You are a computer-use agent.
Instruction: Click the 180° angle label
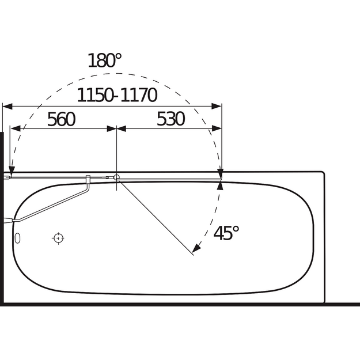click(105, 60)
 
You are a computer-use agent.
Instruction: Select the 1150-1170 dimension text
click(117, 95)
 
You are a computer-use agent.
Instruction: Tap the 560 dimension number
click(61, 119)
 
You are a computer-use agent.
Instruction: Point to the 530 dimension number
click(171, 119)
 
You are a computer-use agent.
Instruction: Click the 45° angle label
click(226, 233)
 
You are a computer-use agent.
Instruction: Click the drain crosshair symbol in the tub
click(58, 238)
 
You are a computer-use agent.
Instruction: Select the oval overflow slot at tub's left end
click(17, 238)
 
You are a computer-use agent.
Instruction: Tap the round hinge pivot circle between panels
click(116, 177)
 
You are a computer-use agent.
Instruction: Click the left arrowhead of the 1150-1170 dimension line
click(7, 107)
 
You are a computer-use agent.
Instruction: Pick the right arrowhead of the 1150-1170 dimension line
click(217, 107)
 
